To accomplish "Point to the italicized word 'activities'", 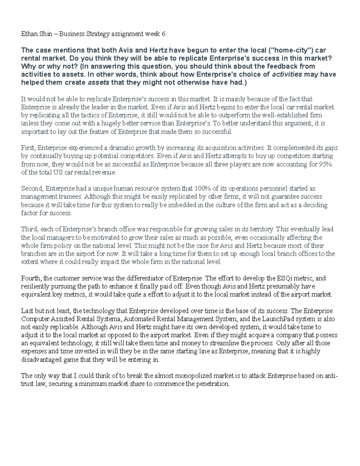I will coord(287,74).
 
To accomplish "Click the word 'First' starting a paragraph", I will coord(28,148).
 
